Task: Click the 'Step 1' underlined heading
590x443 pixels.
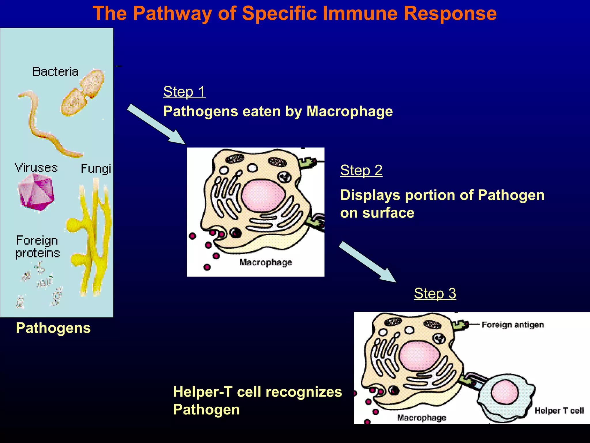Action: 184,92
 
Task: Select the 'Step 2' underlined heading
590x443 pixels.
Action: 361,170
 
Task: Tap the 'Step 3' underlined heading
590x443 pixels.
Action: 435,293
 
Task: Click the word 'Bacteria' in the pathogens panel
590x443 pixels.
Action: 55,72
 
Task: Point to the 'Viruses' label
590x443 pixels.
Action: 36,168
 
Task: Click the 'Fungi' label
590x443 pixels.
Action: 96,169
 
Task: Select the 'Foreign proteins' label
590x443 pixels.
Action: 37,247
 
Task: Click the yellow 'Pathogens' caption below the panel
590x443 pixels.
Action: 53,328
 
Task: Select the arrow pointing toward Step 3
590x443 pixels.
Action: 367,262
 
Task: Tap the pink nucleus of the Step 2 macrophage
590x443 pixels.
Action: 263,195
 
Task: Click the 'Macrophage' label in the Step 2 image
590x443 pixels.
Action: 265,262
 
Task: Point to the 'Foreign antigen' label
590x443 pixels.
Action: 513,325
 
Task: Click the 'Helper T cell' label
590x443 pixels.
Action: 559,410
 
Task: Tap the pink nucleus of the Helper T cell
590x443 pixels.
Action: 504,392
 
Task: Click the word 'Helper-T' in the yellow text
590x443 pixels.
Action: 203,392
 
